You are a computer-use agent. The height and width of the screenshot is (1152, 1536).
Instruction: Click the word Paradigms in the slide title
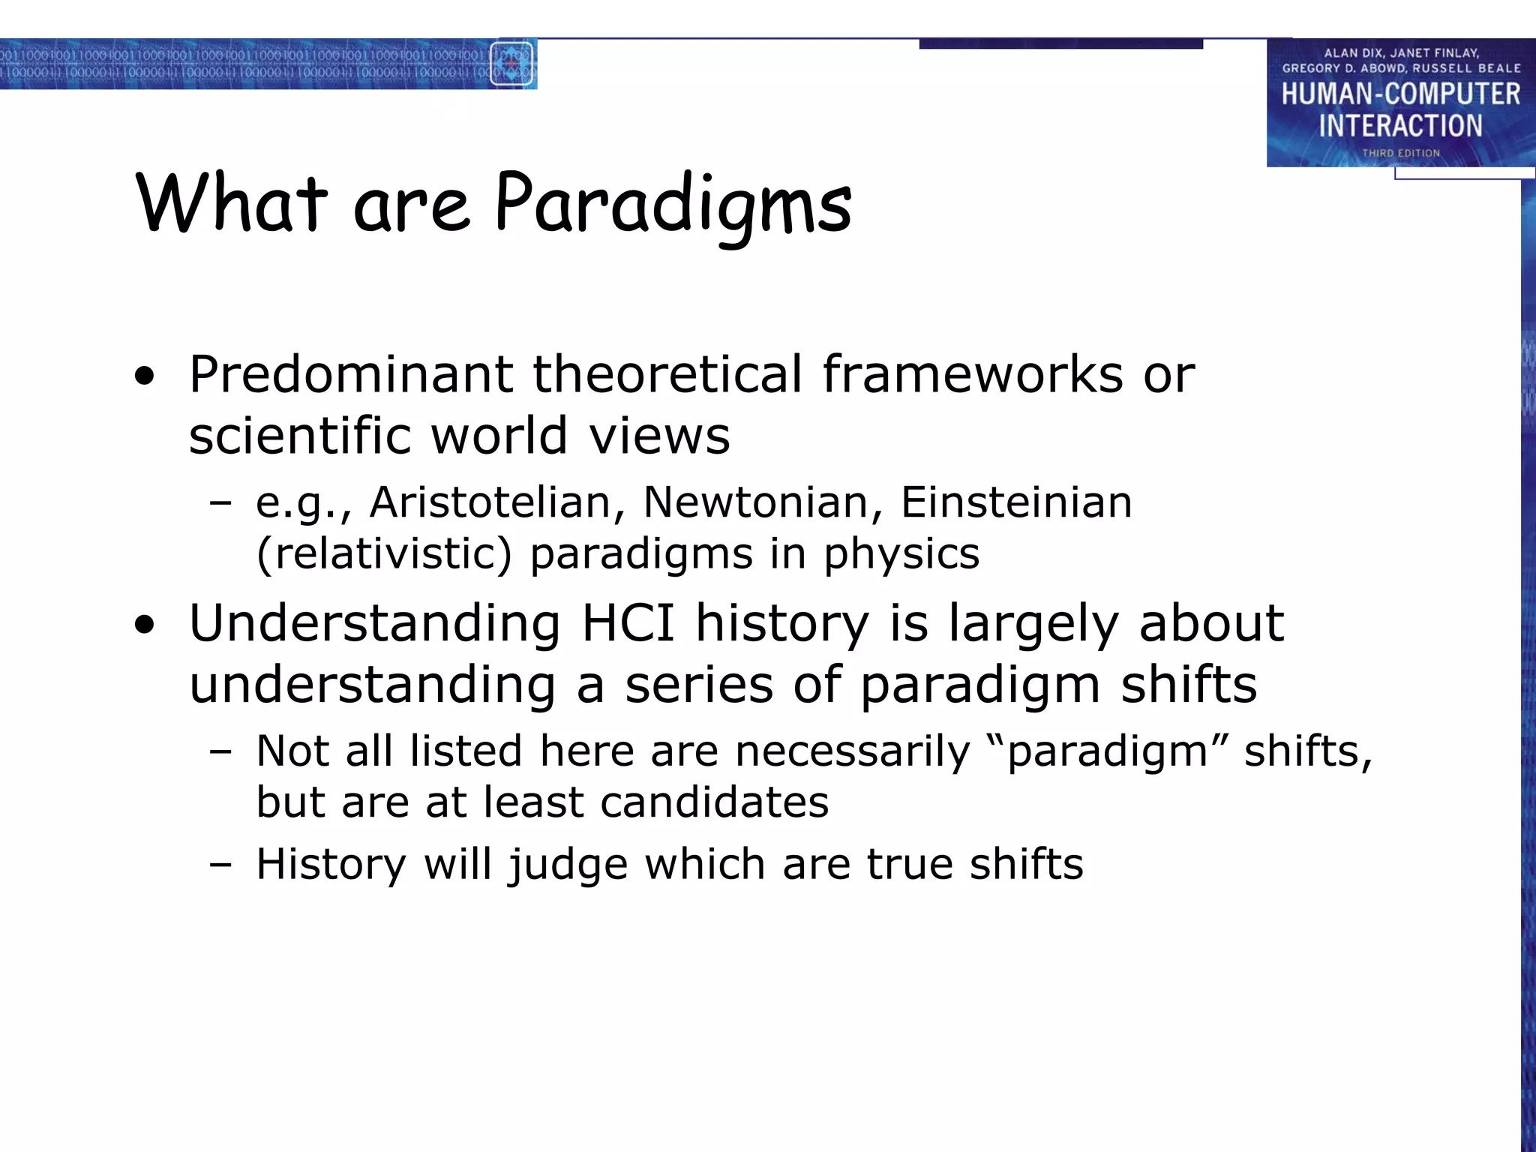pos(673,204)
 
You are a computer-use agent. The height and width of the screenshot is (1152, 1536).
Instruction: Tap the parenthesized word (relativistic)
pos(384,553)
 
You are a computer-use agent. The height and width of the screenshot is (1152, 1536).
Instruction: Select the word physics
pos(901,555)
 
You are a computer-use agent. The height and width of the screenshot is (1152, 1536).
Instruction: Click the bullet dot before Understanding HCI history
pos(145,624)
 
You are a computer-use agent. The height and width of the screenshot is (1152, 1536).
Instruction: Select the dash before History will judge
pos(220,864)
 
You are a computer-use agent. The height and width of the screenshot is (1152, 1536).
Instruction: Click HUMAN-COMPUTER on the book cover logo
pos(1400,94)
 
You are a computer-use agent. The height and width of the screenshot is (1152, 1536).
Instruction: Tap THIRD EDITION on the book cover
pos(1400,153)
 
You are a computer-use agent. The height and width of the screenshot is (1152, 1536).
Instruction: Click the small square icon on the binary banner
pos(511,64)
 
